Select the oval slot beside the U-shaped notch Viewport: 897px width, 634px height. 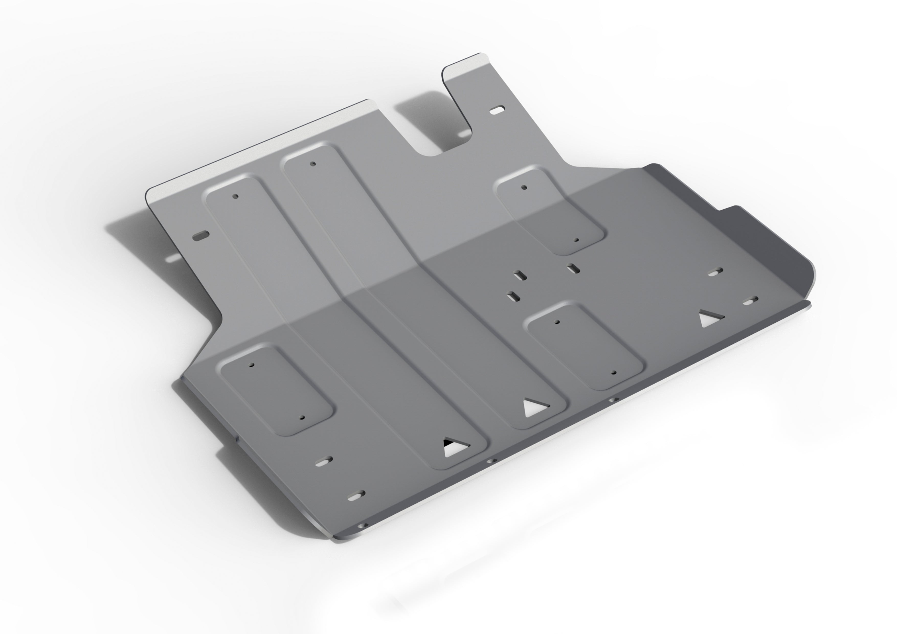497,110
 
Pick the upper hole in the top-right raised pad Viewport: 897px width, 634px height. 524,187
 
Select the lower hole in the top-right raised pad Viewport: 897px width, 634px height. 576,240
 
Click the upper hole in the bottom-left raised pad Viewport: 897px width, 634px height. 252,365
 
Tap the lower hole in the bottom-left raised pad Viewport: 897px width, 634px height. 302,417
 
